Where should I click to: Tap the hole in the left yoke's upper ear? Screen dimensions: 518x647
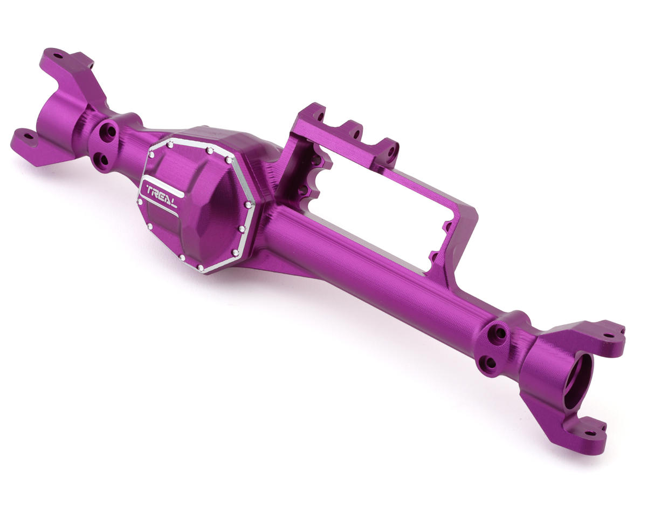click(x=59, y=54)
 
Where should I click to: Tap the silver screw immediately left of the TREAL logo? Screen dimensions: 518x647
click(x=140, y=202)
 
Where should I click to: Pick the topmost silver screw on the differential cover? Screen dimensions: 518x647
click(x=170, y=144)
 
